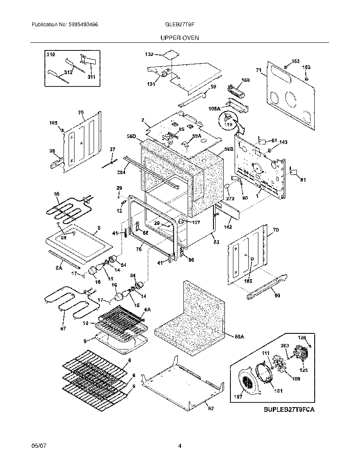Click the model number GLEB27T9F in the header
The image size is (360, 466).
(180, 25)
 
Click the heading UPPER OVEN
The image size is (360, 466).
(180, 38)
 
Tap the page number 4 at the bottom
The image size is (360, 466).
(180, 446)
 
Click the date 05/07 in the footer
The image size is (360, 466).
(38, 446)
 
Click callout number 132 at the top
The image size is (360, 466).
(150, 55)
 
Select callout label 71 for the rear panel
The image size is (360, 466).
(258, 70)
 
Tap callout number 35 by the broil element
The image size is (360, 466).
(57, 194)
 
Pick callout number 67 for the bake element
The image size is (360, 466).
(64, 328)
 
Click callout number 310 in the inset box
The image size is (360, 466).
(50, 55)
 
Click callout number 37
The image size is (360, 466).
(112, 149)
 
